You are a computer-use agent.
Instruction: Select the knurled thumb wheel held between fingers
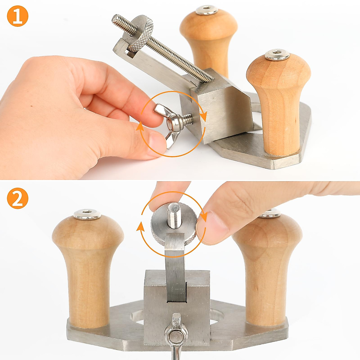click(x=174, y=228)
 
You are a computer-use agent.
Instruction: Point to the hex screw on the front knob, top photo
click(x=277, y=55)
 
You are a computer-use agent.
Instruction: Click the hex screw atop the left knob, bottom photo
click(x=87, y=214)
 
